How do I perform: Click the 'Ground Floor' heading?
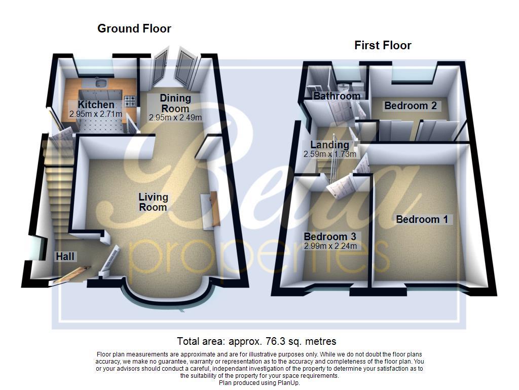[134, 29]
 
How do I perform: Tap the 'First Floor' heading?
[383, 46]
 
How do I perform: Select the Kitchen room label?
[96, 105]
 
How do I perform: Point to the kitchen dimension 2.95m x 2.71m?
[96, 114]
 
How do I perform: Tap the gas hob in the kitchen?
[130, 100]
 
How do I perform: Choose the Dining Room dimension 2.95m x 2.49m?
[175, 118]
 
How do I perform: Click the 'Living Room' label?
[153, 202]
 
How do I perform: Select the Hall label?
[65, 257]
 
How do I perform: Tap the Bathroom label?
[337, 96]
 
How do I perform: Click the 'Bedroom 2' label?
[410, 106]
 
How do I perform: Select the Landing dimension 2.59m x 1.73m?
[329, 154]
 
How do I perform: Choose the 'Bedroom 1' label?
[422, 219]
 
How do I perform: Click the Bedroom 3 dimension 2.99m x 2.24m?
[330, 246]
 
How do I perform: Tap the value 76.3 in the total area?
[282, 341]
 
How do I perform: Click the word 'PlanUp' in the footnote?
[287, 383]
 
